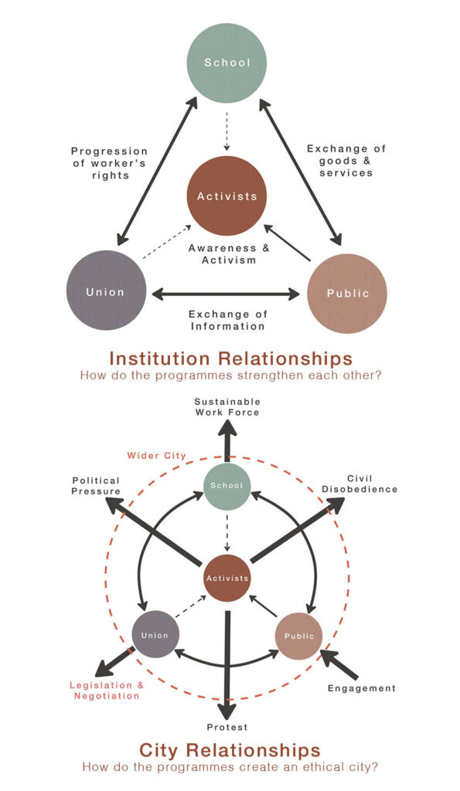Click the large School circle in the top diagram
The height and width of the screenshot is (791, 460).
(227, 63)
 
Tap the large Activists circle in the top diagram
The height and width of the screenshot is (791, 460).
(227, 195)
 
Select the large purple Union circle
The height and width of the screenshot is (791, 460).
(106, 290)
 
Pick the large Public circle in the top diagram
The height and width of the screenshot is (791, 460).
(347, 293)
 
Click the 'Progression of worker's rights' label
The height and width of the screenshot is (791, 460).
(110, 164)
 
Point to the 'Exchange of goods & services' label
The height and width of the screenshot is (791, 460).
(346, 161)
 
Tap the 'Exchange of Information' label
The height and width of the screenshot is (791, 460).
(228, 321)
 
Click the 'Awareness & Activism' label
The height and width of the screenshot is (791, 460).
(230, 254)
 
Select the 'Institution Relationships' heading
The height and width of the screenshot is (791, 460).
(230, 358)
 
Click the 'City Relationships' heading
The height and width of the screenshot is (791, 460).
(230, 749)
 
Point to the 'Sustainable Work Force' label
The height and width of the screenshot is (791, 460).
(228, 407)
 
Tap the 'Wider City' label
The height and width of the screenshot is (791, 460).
(156, 456)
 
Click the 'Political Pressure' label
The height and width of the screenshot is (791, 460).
(96, 486)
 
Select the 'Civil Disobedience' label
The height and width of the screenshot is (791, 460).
(359, 484)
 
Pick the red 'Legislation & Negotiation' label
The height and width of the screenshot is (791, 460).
(107, 691)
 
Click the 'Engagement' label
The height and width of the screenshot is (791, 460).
(362, 688)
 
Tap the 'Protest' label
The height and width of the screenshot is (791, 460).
(227, 728)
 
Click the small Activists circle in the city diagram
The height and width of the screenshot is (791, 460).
(227, 578)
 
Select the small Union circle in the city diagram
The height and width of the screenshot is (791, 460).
(155, 635)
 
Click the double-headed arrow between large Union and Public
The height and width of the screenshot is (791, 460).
(227, 294)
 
